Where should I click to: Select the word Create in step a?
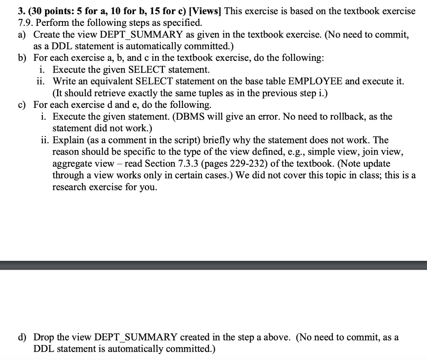coord(46,35)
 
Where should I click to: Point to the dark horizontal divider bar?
coord(213,265)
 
